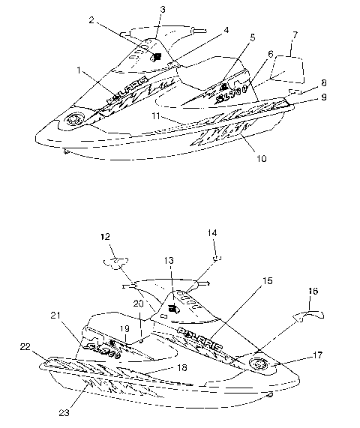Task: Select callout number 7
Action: [x=294, y=35]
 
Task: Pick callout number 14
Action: [x=212, y=234]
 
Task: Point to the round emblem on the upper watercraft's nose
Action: [x=75, y=120]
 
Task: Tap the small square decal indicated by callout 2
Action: [x=157, y=56]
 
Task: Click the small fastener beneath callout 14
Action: [x=217, y=257]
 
